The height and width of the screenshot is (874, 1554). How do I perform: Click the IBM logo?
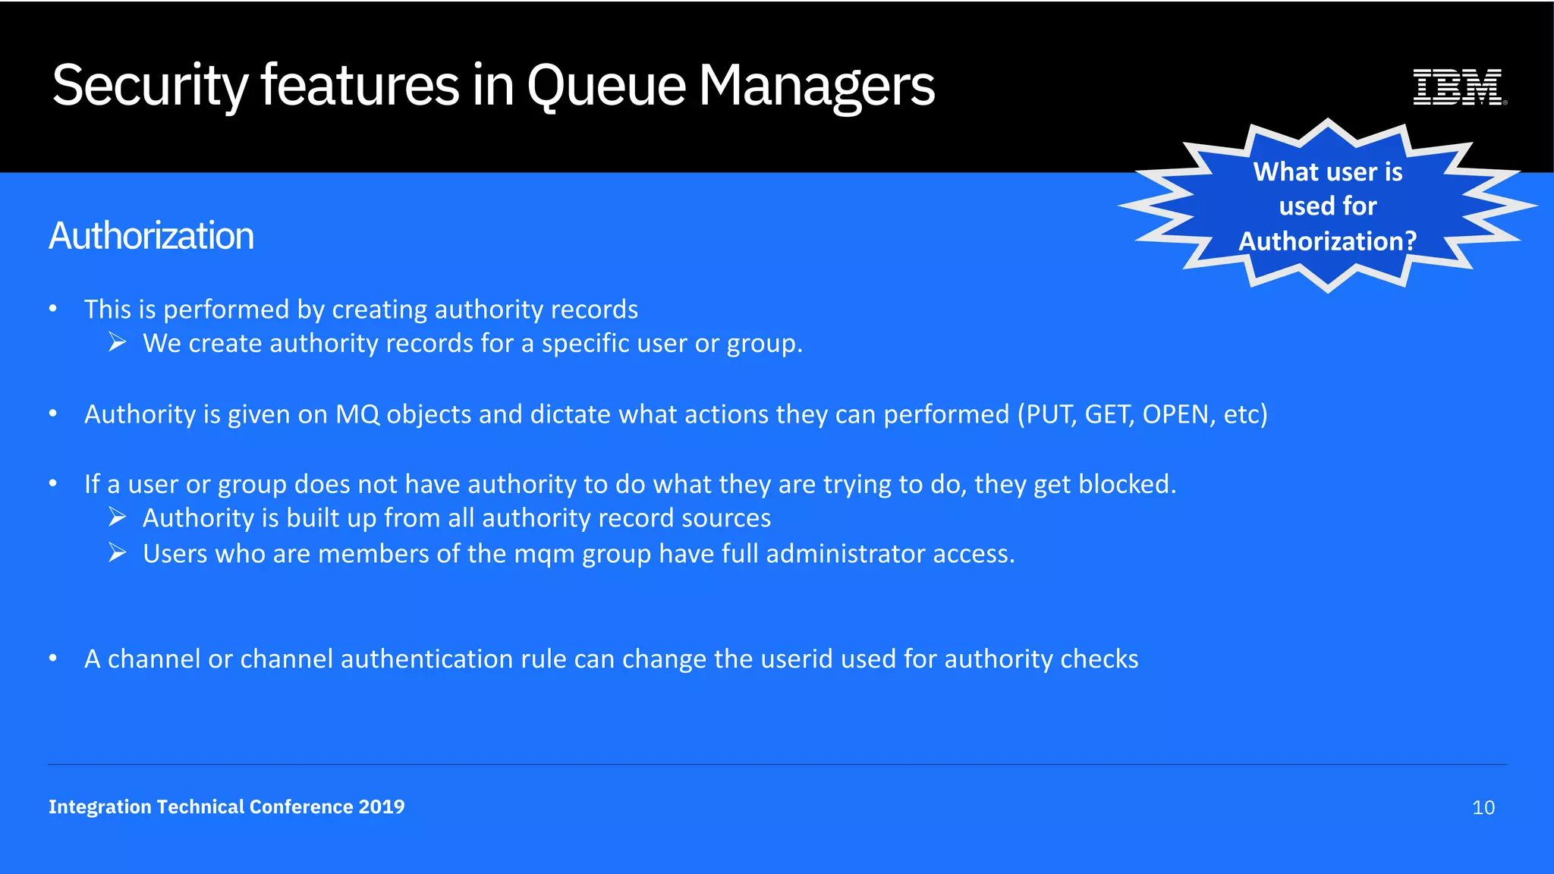(x=1458, y=86)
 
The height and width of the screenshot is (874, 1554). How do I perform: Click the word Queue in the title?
(x=606, y=85)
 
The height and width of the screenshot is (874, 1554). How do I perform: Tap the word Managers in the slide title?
(x=816, y=85)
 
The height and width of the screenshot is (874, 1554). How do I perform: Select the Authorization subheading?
(x=152, y=235)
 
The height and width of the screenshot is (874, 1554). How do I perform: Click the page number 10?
(x=1483, y=807)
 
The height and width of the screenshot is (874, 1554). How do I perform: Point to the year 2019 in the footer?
(x=382, y=806)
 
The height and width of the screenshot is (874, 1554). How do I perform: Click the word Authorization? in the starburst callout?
(x=1327, y=241)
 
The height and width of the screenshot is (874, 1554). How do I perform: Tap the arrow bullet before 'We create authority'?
(x=117, y=343)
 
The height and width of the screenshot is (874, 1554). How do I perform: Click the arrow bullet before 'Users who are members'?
(x=117, y=553)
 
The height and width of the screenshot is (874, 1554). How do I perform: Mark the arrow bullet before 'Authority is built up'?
(x=117, y=517)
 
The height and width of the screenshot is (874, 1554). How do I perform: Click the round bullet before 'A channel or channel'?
(x=53, y=658)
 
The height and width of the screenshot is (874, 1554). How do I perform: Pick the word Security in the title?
(x=150, y=85)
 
